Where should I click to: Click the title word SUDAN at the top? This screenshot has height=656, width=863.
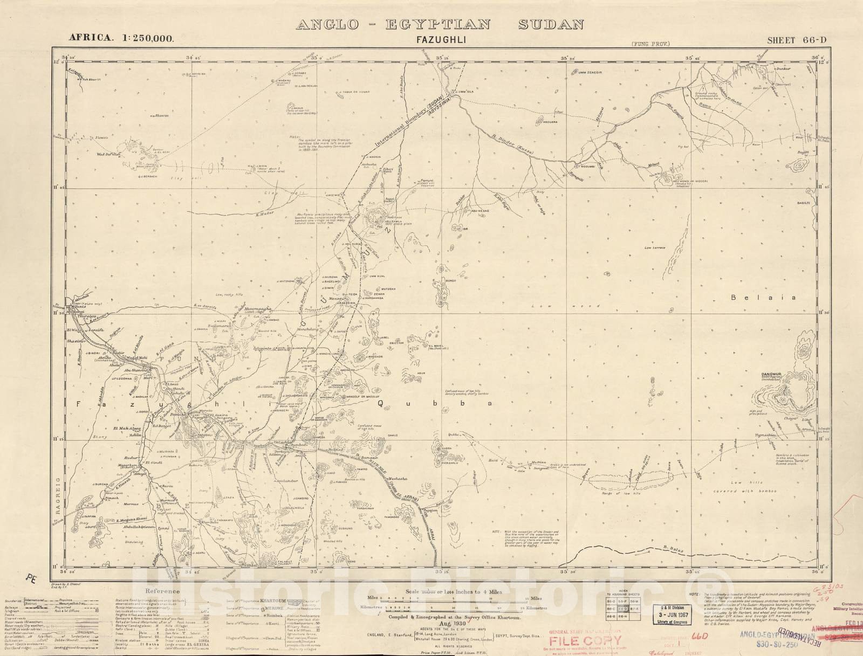coord(551,24)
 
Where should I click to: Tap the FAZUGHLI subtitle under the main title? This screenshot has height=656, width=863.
coord(440,40)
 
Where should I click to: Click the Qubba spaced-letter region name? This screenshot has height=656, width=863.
coord(434,403)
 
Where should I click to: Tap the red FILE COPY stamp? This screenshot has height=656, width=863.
coord(585,641)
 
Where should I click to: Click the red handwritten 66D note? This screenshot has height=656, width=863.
coord(698,637)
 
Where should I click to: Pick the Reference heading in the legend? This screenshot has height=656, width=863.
coord(162,591)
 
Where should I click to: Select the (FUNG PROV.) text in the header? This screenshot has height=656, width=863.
coord(650,44)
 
